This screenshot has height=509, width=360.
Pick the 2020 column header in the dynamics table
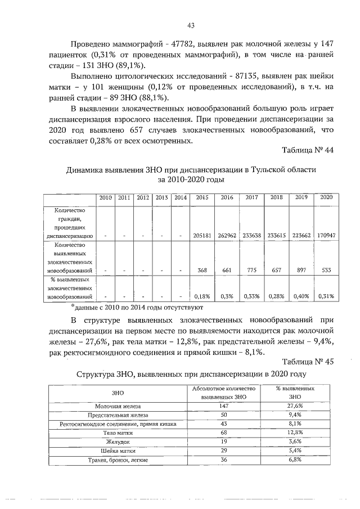326,198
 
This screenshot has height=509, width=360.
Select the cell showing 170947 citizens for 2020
326,236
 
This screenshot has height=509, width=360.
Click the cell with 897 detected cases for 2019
301,270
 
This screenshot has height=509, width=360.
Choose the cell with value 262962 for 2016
227,236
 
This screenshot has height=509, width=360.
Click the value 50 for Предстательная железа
224,415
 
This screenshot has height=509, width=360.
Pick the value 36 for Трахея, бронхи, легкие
224,460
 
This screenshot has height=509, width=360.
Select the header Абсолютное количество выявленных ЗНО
224,393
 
